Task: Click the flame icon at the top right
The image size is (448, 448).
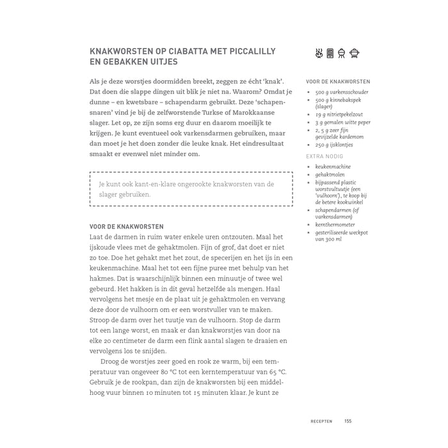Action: (x=318, y=53)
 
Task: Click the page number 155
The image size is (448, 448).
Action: (x=348, y=420)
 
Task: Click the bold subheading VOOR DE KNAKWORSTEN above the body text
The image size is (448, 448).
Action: (x=127, y=227)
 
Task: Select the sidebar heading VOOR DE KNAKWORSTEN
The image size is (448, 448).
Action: (x=338, y=82)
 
